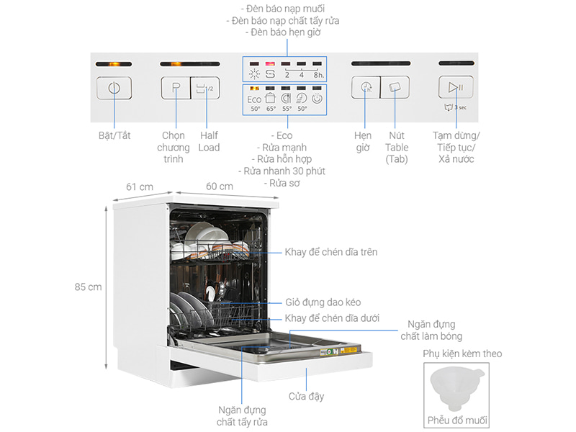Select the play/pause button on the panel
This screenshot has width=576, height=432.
click(x=456, y=88)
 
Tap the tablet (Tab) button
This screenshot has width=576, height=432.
click(x=394, y=88)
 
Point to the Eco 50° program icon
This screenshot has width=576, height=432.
click(x=255, y=101)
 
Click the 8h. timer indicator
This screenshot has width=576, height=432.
click(x=319, y=73)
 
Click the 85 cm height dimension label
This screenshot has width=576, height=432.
click(x=88, y=287)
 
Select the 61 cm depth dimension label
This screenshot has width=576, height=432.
click(x=140, y=186)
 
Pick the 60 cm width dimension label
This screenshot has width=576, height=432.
click(x=219, y=186)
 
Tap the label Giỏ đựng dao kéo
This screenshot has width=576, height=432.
click(x=323, y=303)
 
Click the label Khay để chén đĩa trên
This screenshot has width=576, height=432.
click(x=330, y=252)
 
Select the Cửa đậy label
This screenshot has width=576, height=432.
click(x=306, y=397)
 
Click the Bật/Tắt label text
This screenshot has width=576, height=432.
click(x=114, y=135)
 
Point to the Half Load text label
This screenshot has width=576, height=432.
click(x=209, y=141)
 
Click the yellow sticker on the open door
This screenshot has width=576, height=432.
click(x=349, y=351)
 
